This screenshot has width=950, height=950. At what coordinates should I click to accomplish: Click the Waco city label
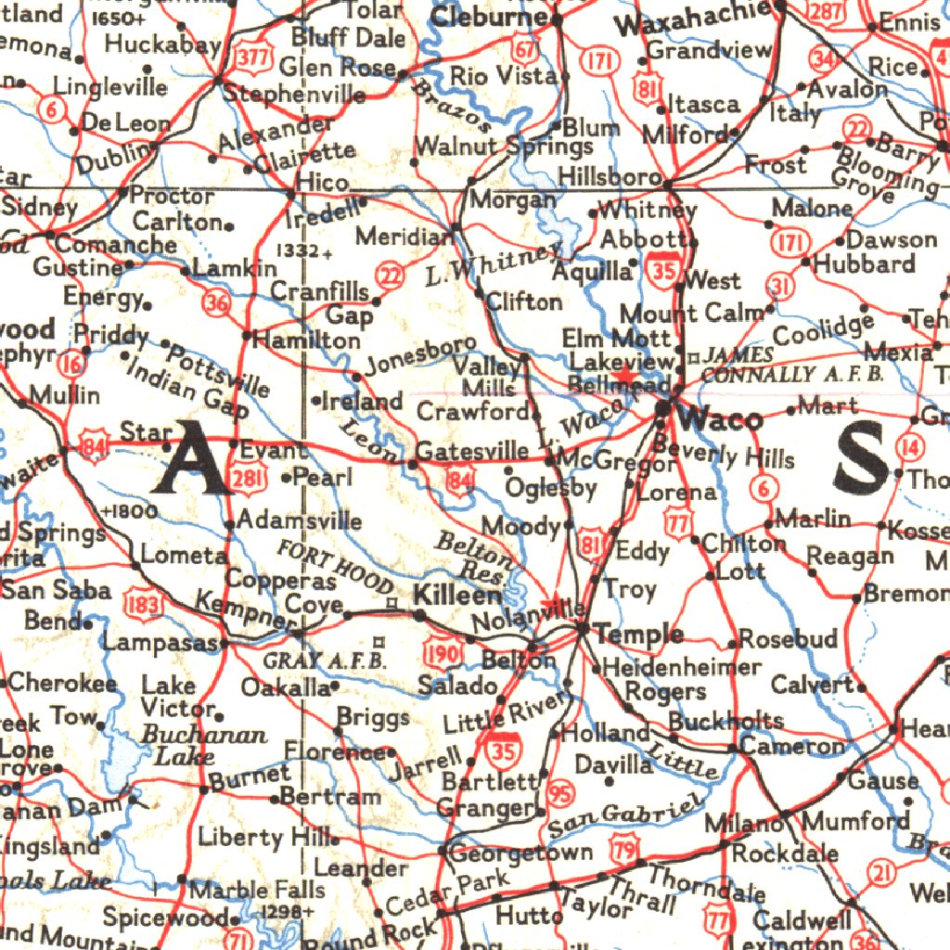click(x=721, y=419)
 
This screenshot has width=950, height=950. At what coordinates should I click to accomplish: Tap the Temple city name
click(x=640, y=635)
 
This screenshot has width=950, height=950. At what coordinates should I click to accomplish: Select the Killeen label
click(x=457, y=595)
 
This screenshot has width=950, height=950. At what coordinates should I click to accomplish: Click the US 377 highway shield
click(x=251, y=58)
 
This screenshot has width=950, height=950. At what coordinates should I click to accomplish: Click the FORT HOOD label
click(x=336, y=566)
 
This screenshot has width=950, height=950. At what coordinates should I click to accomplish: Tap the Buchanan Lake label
click(x=197, y=745)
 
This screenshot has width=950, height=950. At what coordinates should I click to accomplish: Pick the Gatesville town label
click(x=471, y=452)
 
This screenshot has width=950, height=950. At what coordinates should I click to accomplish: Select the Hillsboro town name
click(x=610, y=177)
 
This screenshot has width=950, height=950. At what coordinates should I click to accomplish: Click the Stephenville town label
click(x=294, y=95)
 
